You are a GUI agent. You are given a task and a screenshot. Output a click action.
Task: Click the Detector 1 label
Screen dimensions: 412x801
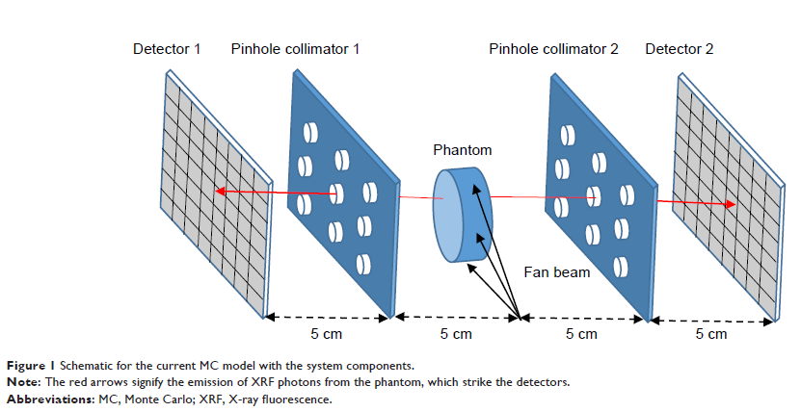[167, 48]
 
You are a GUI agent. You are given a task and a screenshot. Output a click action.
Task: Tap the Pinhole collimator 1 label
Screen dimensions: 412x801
[295, 48]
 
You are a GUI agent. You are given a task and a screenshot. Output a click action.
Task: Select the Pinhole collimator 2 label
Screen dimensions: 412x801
[553, 48]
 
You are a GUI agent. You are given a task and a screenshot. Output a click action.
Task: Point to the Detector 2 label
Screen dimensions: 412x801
[680, 48]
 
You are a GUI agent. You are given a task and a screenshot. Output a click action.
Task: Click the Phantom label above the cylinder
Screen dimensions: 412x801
[462, 150]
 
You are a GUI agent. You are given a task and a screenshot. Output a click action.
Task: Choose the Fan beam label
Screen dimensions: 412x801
[557, 272]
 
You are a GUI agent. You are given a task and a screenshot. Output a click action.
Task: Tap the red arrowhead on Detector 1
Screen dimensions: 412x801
[221, 191]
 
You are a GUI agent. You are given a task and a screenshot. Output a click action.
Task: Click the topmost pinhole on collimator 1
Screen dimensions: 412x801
[310, 131]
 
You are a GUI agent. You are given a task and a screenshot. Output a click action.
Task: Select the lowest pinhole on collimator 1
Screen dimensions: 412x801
[363, 263]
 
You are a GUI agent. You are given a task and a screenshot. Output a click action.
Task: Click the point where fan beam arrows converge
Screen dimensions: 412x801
[521, 317]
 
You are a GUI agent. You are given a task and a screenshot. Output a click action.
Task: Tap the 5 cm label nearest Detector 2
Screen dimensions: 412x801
[711, 334]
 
